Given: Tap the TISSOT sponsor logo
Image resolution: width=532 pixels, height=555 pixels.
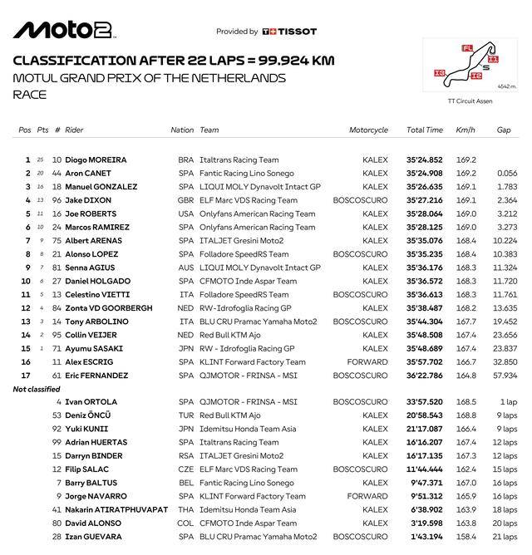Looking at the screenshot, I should (x=289, y=32).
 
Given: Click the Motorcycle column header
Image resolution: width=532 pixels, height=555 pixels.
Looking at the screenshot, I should (x=369, y=130).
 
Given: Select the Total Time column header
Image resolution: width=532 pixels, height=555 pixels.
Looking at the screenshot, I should (x=424, y=130).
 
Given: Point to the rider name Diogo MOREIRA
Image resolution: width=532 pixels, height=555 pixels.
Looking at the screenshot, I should (x=96, y=160).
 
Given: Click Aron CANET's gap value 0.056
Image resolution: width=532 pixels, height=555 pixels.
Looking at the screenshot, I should (x=506, y=174).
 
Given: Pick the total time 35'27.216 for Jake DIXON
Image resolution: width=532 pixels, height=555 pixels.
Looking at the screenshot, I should (x=424, y=200).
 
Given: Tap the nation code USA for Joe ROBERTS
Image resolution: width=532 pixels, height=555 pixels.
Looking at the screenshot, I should (x=185, y=214).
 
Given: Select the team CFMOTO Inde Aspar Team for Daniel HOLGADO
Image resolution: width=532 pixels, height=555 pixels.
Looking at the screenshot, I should (x=246, y=281).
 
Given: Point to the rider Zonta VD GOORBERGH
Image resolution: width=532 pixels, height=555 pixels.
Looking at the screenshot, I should (x=105, y=307).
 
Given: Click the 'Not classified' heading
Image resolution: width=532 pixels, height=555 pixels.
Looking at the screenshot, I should (x=37, y=389).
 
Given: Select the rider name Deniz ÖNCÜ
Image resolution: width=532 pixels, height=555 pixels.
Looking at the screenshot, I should (x=88, y=415).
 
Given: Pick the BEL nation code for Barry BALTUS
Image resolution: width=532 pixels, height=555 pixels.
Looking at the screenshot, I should (x=185, y=483).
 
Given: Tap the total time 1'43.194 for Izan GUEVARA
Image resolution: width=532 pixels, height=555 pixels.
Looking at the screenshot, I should (x=424, y=537).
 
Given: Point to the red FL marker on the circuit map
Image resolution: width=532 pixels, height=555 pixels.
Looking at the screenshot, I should (x=466, y=48).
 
